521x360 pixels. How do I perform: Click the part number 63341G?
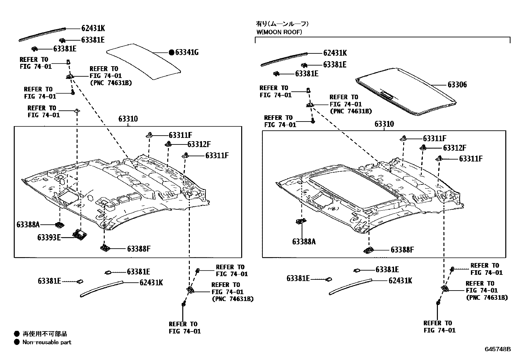187,52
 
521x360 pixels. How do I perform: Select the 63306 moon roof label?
457,85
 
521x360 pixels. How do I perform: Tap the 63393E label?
49,237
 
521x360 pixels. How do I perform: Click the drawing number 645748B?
497,349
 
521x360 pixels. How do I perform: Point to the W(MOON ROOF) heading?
279,32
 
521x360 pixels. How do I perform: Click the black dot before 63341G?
171,52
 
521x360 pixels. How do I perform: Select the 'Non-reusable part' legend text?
47,342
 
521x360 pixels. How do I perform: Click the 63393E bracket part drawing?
79,235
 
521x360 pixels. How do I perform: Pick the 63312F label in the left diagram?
199,144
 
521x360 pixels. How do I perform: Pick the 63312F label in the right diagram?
455,148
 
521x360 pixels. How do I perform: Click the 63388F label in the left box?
139,249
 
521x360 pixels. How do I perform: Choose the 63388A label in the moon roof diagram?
304,242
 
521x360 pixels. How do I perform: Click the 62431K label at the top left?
93,28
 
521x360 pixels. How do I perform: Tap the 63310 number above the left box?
128,119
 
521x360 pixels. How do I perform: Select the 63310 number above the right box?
384,124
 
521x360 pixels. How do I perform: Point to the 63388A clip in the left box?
60,225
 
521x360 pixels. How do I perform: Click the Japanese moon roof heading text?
282,24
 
